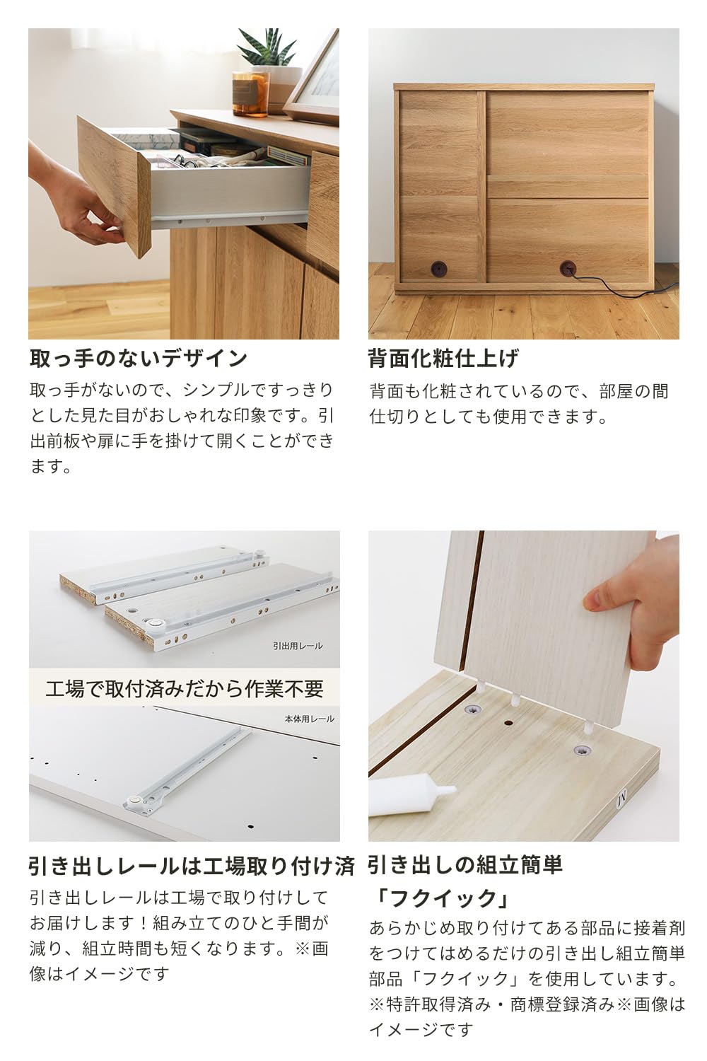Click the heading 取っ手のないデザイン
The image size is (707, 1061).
point(139,358)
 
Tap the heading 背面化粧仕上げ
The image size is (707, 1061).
point(443,358)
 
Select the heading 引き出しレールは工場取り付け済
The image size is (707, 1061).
point(191,866)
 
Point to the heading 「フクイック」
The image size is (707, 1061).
point(440,898)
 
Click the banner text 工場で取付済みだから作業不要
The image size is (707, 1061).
point(184,688)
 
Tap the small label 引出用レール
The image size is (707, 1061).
point(297,646)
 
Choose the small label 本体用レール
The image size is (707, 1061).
point(309,719)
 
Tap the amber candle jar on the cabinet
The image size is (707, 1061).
point(250,93)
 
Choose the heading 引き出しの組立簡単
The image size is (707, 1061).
point(464,864)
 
